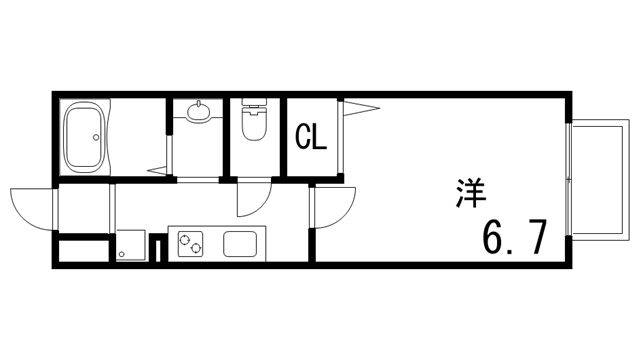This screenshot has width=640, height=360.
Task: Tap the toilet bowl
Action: (254, 128)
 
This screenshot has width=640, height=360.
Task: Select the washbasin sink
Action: (199, 110)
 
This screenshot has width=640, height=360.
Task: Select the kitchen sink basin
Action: (241, 243)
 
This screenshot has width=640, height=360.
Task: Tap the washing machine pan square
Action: (131, 245)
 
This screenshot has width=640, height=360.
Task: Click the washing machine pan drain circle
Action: (122, 254)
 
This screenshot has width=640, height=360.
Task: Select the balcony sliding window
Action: (569, 183)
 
